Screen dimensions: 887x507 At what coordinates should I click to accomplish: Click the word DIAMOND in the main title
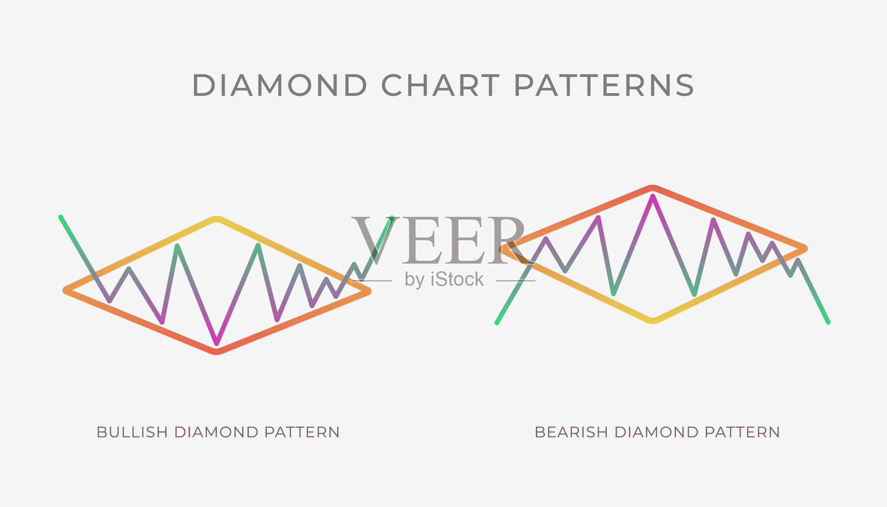coord(280,85)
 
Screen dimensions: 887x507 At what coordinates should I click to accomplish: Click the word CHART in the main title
coord(440,85)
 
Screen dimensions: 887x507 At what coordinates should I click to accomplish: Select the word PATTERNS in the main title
coord(604,85)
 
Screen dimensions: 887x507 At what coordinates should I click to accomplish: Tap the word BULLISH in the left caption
coord(132,432)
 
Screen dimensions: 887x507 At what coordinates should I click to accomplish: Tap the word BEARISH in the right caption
coord(571,432)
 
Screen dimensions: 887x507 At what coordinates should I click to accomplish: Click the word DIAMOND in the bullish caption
coord(217,432)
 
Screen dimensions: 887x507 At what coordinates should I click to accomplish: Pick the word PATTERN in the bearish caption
coord(742,432)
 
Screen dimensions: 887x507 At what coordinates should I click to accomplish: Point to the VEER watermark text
coord(439,240)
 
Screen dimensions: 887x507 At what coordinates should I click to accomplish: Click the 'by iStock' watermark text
coord(444,279)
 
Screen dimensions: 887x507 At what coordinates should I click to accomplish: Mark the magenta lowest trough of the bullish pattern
coord(217,343)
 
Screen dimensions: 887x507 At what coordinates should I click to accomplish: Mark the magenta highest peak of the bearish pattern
coord(652,196)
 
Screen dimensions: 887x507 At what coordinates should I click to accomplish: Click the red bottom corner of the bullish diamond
coord(217,351)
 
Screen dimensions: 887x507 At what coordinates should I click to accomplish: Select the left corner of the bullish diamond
coord(66,291)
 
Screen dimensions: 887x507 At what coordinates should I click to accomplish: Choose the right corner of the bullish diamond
coord(368,291)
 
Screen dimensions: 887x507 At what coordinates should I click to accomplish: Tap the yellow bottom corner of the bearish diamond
coord(653,321)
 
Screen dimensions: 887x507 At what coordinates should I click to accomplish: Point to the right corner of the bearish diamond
coord(804,249)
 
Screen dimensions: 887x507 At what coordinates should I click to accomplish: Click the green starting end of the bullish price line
coord(60,217)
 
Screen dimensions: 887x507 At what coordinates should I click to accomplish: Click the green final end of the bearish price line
coord(828,322)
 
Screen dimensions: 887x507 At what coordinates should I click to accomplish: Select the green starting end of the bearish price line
coord(497,323)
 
